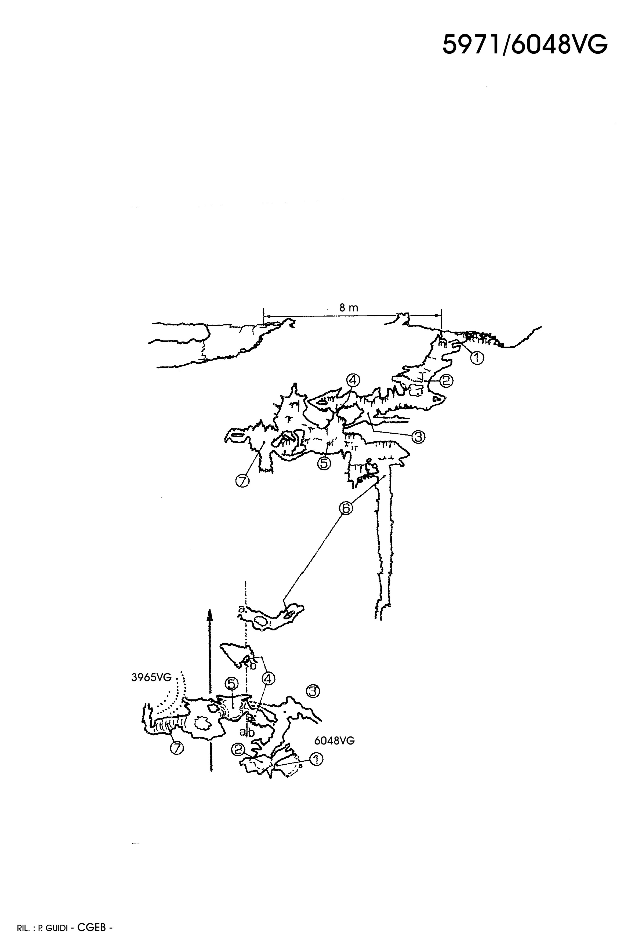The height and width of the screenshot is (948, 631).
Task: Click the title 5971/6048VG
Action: pyautogui.click(x=525, y=44)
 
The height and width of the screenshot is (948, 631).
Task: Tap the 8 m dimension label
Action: pyautogui.click(x=349, y=308)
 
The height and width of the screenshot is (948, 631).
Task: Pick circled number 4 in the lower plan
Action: pyautogui.click(x=269, y=679)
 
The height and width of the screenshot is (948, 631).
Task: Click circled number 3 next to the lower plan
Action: pyautogui.click(x=313, y=691)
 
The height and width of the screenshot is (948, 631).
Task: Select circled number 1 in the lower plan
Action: pyautogui.click(x=316, y=759)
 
